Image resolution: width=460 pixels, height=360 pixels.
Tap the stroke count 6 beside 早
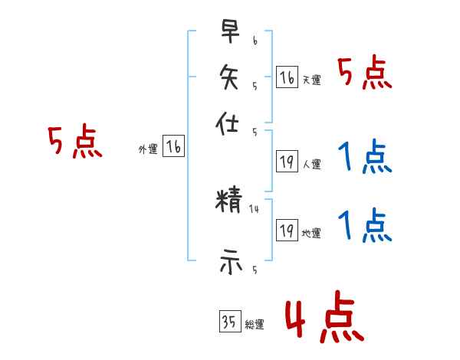(255, 41)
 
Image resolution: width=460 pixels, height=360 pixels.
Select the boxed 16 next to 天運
(287, 77)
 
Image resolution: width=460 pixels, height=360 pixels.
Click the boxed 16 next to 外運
(174, 146)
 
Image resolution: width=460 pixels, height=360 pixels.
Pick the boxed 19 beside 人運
(287, 161)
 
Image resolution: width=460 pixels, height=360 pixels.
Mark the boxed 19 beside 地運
(287, 230)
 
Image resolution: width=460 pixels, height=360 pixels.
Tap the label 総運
(255, 325)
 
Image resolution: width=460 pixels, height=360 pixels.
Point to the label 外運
(148, 149)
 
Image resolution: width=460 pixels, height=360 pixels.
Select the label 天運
(311, 80)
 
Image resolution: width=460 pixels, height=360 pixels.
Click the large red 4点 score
(324, 319)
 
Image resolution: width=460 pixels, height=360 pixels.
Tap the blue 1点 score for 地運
(365, 226)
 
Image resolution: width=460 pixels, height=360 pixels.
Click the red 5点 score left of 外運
(74, 142)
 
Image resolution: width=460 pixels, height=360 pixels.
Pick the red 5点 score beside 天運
(365, 74)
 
